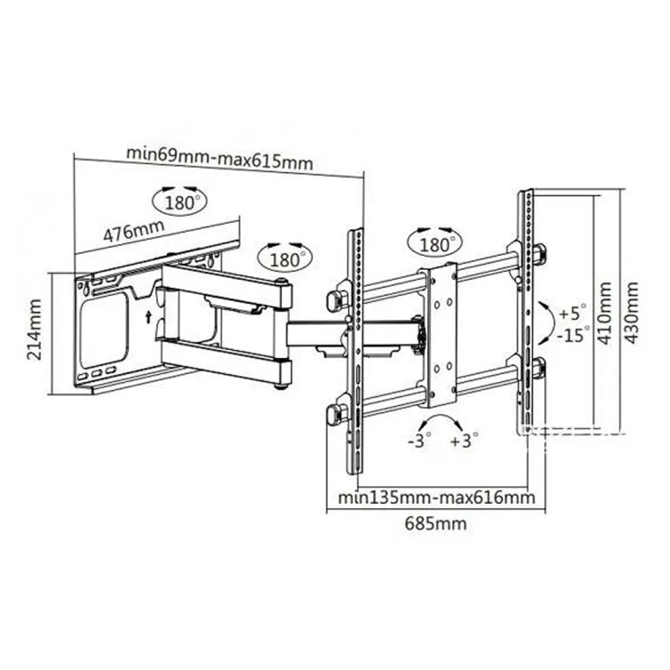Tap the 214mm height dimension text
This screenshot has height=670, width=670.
(35, 330)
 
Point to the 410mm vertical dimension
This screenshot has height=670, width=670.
(604, 313)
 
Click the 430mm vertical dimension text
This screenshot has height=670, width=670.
(632, 313)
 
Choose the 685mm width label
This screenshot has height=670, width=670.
(436, 523)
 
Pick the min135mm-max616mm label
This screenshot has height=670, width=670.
(437, 497)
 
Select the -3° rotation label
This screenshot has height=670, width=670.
(419, 440)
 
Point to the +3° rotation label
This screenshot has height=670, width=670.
(464, 440)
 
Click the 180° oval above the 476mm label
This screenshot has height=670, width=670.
(180, 201)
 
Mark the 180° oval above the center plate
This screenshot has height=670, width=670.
(435, 244)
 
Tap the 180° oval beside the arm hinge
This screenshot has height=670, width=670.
(285, 258)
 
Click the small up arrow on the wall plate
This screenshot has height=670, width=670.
(148, 317)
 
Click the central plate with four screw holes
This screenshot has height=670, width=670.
(442, 336)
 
